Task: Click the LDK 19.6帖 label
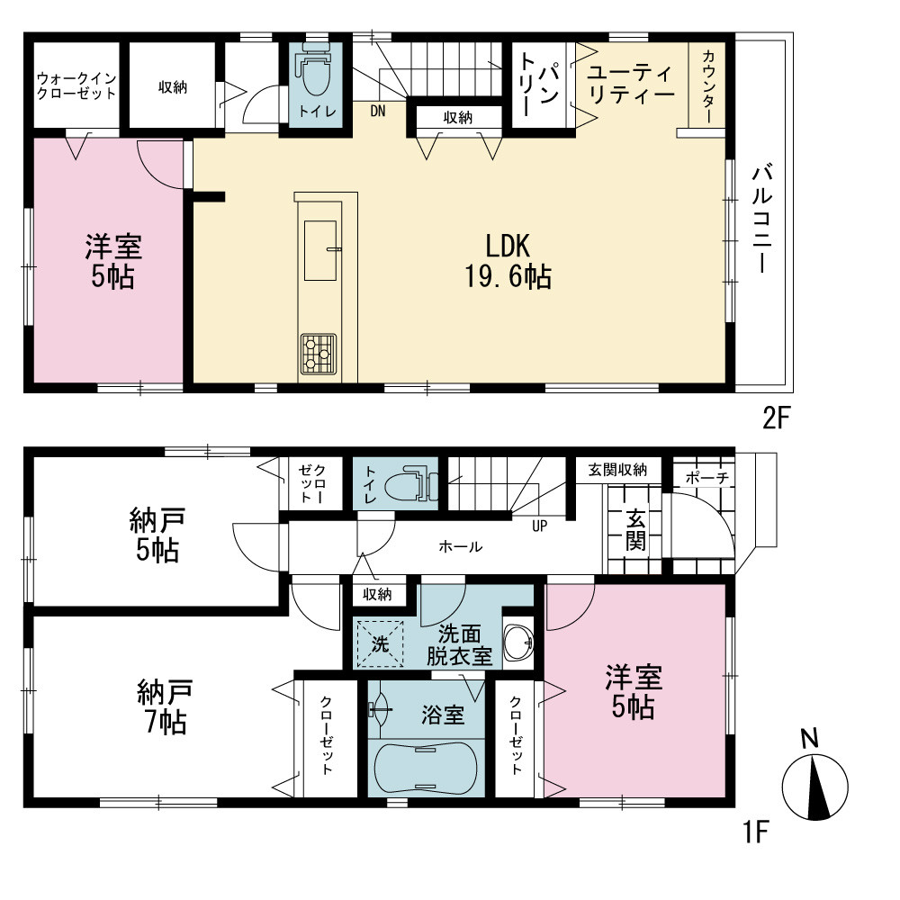(x=508, y=261)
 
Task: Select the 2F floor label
(x=777, y=418)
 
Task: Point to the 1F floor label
(x=756, y=832)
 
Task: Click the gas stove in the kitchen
(x=319, y=354)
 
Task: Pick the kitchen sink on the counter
(x=320, y=250)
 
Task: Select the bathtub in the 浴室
(x=426, y=768)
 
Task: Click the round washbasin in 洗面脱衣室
(x=518, y=642)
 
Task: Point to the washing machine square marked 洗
(x=380, y=644)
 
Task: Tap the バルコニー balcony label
(x=763, y=218)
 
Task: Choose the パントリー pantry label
(x=538, y=85)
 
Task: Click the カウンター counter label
(x=708, y=86)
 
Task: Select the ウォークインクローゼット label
(x=76, y=86)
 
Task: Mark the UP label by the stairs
(x=539, y=526)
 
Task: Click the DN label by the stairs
(x=378, y=111)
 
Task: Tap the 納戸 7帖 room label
(x=165, y=707)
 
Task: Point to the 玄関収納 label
(x=617, y=470)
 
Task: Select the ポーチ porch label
(x=707, y=478)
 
